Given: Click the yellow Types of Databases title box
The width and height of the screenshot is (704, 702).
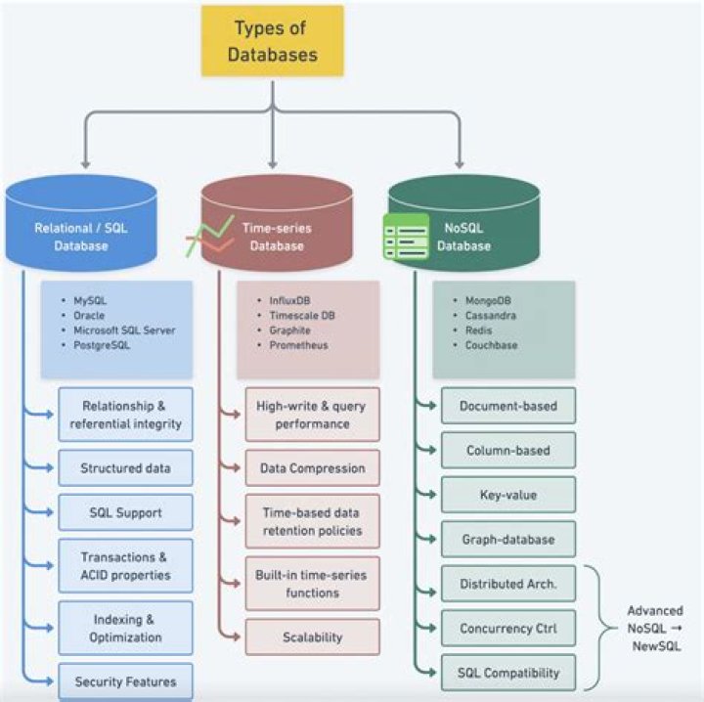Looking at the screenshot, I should point(273,41).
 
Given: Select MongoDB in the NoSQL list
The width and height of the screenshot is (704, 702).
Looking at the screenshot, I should point(491,301).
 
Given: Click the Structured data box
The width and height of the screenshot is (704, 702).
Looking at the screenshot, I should point(125,468).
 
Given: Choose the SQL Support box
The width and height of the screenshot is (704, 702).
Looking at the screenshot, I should point(125,512).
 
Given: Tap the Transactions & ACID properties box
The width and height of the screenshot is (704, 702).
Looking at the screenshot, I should point(125,565).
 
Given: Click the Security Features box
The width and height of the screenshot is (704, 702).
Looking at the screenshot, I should point(125,680).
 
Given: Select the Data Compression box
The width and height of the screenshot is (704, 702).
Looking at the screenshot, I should point(312,468).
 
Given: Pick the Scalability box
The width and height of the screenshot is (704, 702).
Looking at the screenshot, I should point(312,637).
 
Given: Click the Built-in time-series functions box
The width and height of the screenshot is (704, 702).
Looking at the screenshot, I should point(312,584).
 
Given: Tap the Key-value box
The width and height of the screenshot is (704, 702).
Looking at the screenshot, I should point(507,495).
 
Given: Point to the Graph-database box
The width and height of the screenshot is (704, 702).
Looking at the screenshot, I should point(507,539).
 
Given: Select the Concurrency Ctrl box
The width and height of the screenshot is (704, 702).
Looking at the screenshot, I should point(507,629).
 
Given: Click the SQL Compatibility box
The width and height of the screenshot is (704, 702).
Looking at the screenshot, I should point(507,673).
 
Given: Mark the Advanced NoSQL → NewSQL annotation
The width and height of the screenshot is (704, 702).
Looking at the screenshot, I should point(654,629).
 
